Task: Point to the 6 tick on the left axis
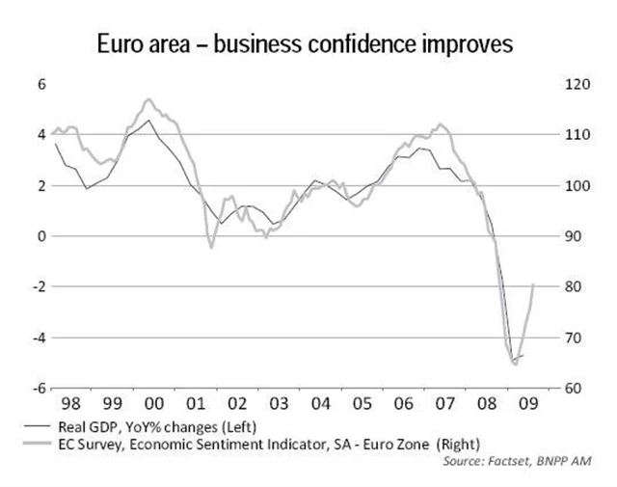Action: [x=41, y=84]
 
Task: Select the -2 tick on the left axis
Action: [x=40, y=286]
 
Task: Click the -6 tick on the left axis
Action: [x=40, y=388]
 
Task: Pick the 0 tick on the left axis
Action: [x=41, y=236]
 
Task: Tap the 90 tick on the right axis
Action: [x=571, y=236]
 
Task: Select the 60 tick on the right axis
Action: [x=571, y=388]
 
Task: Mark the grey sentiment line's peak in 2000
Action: [x=148, y=99]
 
